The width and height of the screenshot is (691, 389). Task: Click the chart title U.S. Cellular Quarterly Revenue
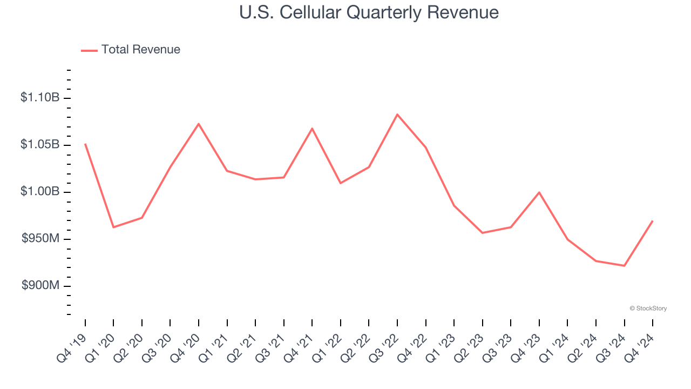click(x=369, y=12)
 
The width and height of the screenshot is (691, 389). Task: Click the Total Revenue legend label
click(x=140, y=50)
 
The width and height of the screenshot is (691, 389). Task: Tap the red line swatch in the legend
click(x=89, y=50)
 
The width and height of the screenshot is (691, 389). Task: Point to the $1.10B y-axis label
click(x=40, y=98)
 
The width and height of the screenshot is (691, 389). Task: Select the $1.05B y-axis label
click(x=40, y=145)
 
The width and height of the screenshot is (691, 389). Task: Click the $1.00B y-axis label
click(x=40, y=192)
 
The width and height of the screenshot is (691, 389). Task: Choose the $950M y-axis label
click(x=40, y=239)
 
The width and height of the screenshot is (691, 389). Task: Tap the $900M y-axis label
click(x=40, y=286)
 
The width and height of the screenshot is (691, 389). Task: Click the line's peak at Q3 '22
click(x=397, y=115)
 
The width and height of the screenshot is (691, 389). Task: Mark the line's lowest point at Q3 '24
click(x=624, y=266)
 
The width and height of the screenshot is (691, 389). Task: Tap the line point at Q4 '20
click(x=199, y=124)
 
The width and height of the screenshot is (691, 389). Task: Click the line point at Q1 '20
click(x=113, y=227)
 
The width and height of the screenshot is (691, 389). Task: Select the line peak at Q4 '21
click(x=312, y=129)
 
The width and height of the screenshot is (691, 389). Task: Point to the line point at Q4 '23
click(x=539, y=192)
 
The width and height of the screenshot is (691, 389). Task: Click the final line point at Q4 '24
click(x=653, y=220)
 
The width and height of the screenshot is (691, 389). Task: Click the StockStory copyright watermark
click(x=648, y=308)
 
